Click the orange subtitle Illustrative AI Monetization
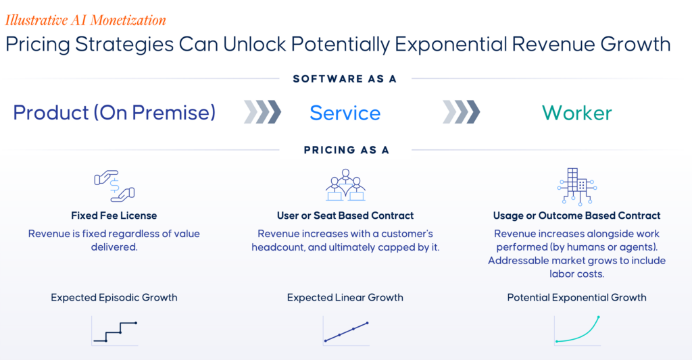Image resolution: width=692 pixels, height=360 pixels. [x=86, y=20]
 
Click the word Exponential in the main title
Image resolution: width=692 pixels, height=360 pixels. [x=451, y=45]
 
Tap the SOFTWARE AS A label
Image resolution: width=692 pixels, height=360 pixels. [x=345, y=79]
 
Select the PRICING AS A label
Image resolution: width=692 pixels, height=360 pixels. [x=347, y=150]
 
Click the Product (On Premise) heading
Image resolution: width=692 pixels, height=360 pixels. [x=114, y=113]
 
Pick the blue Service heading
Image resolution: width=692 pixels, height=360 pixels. [x=345, y=113]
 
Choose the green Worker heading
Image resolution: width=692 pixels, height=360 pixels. [x=577, y=113]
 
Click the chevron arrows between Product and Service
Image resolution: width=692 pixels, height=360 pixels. [x=263, y=111]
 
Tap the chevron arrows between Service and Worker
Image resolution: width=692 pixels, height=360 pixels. [x=461, y=111]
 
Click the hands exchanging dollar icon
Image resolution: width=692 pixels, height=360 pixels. [x=114, y=186]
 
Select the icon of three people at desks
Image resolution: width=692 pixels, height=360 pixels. [x=345, y=185]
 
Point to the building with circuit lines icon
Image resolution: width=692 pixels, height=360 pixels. [x=577, y=186]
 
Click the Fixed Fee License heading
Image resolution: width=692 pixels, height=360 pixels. [x=114, y=215]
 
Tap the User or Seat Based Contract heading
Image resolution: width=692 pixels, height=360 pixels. [x=345, y=215]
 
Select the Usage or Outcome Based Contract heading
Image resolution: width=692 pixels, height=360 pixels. [x=577, y=215]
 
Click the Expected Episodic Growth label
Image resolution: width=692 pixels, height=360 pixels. [x=114, y=298]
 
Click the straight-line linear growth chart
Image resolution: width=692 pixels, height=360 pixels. [x=347, y=332]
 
